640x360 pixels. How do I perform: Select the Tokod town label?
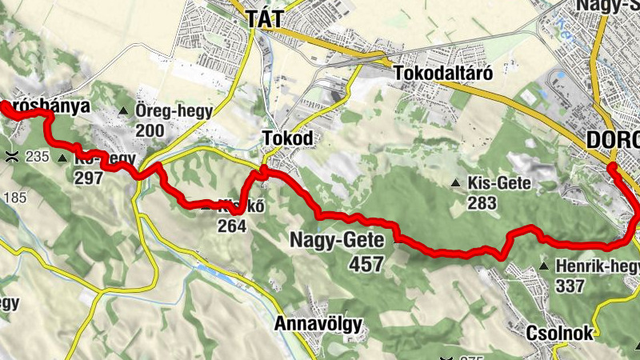[x=287, y=139]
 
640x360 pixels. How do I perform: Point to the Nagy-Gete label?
[x=337, y=240]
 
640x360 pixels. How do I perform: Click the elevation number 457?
[x=366, y=263]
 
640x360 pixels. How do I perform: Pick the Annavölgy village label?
[x=318, y=324]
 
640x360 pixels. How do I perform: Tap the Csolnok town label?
[x=560, y=333]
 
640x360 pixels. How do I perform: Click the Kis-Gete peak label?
[x=500, y=183]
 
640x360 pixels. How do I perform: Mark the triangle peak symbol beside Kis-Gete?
[x=455, y=183]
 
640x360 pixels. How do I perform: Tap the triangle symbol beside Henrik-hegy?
[x=544, y=266]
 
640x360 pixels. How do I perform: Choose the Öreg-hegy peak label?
[x=174, y=111]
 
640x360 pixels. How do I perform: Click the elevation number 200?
[x=150, y=130]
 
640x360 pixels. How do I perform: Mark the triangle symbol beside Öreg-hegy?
[x=123, y=111]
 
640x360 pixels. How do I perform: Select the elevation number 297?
[x=88, y=178]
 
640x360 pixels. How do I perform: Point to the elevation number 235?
[x=37, y=157]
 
